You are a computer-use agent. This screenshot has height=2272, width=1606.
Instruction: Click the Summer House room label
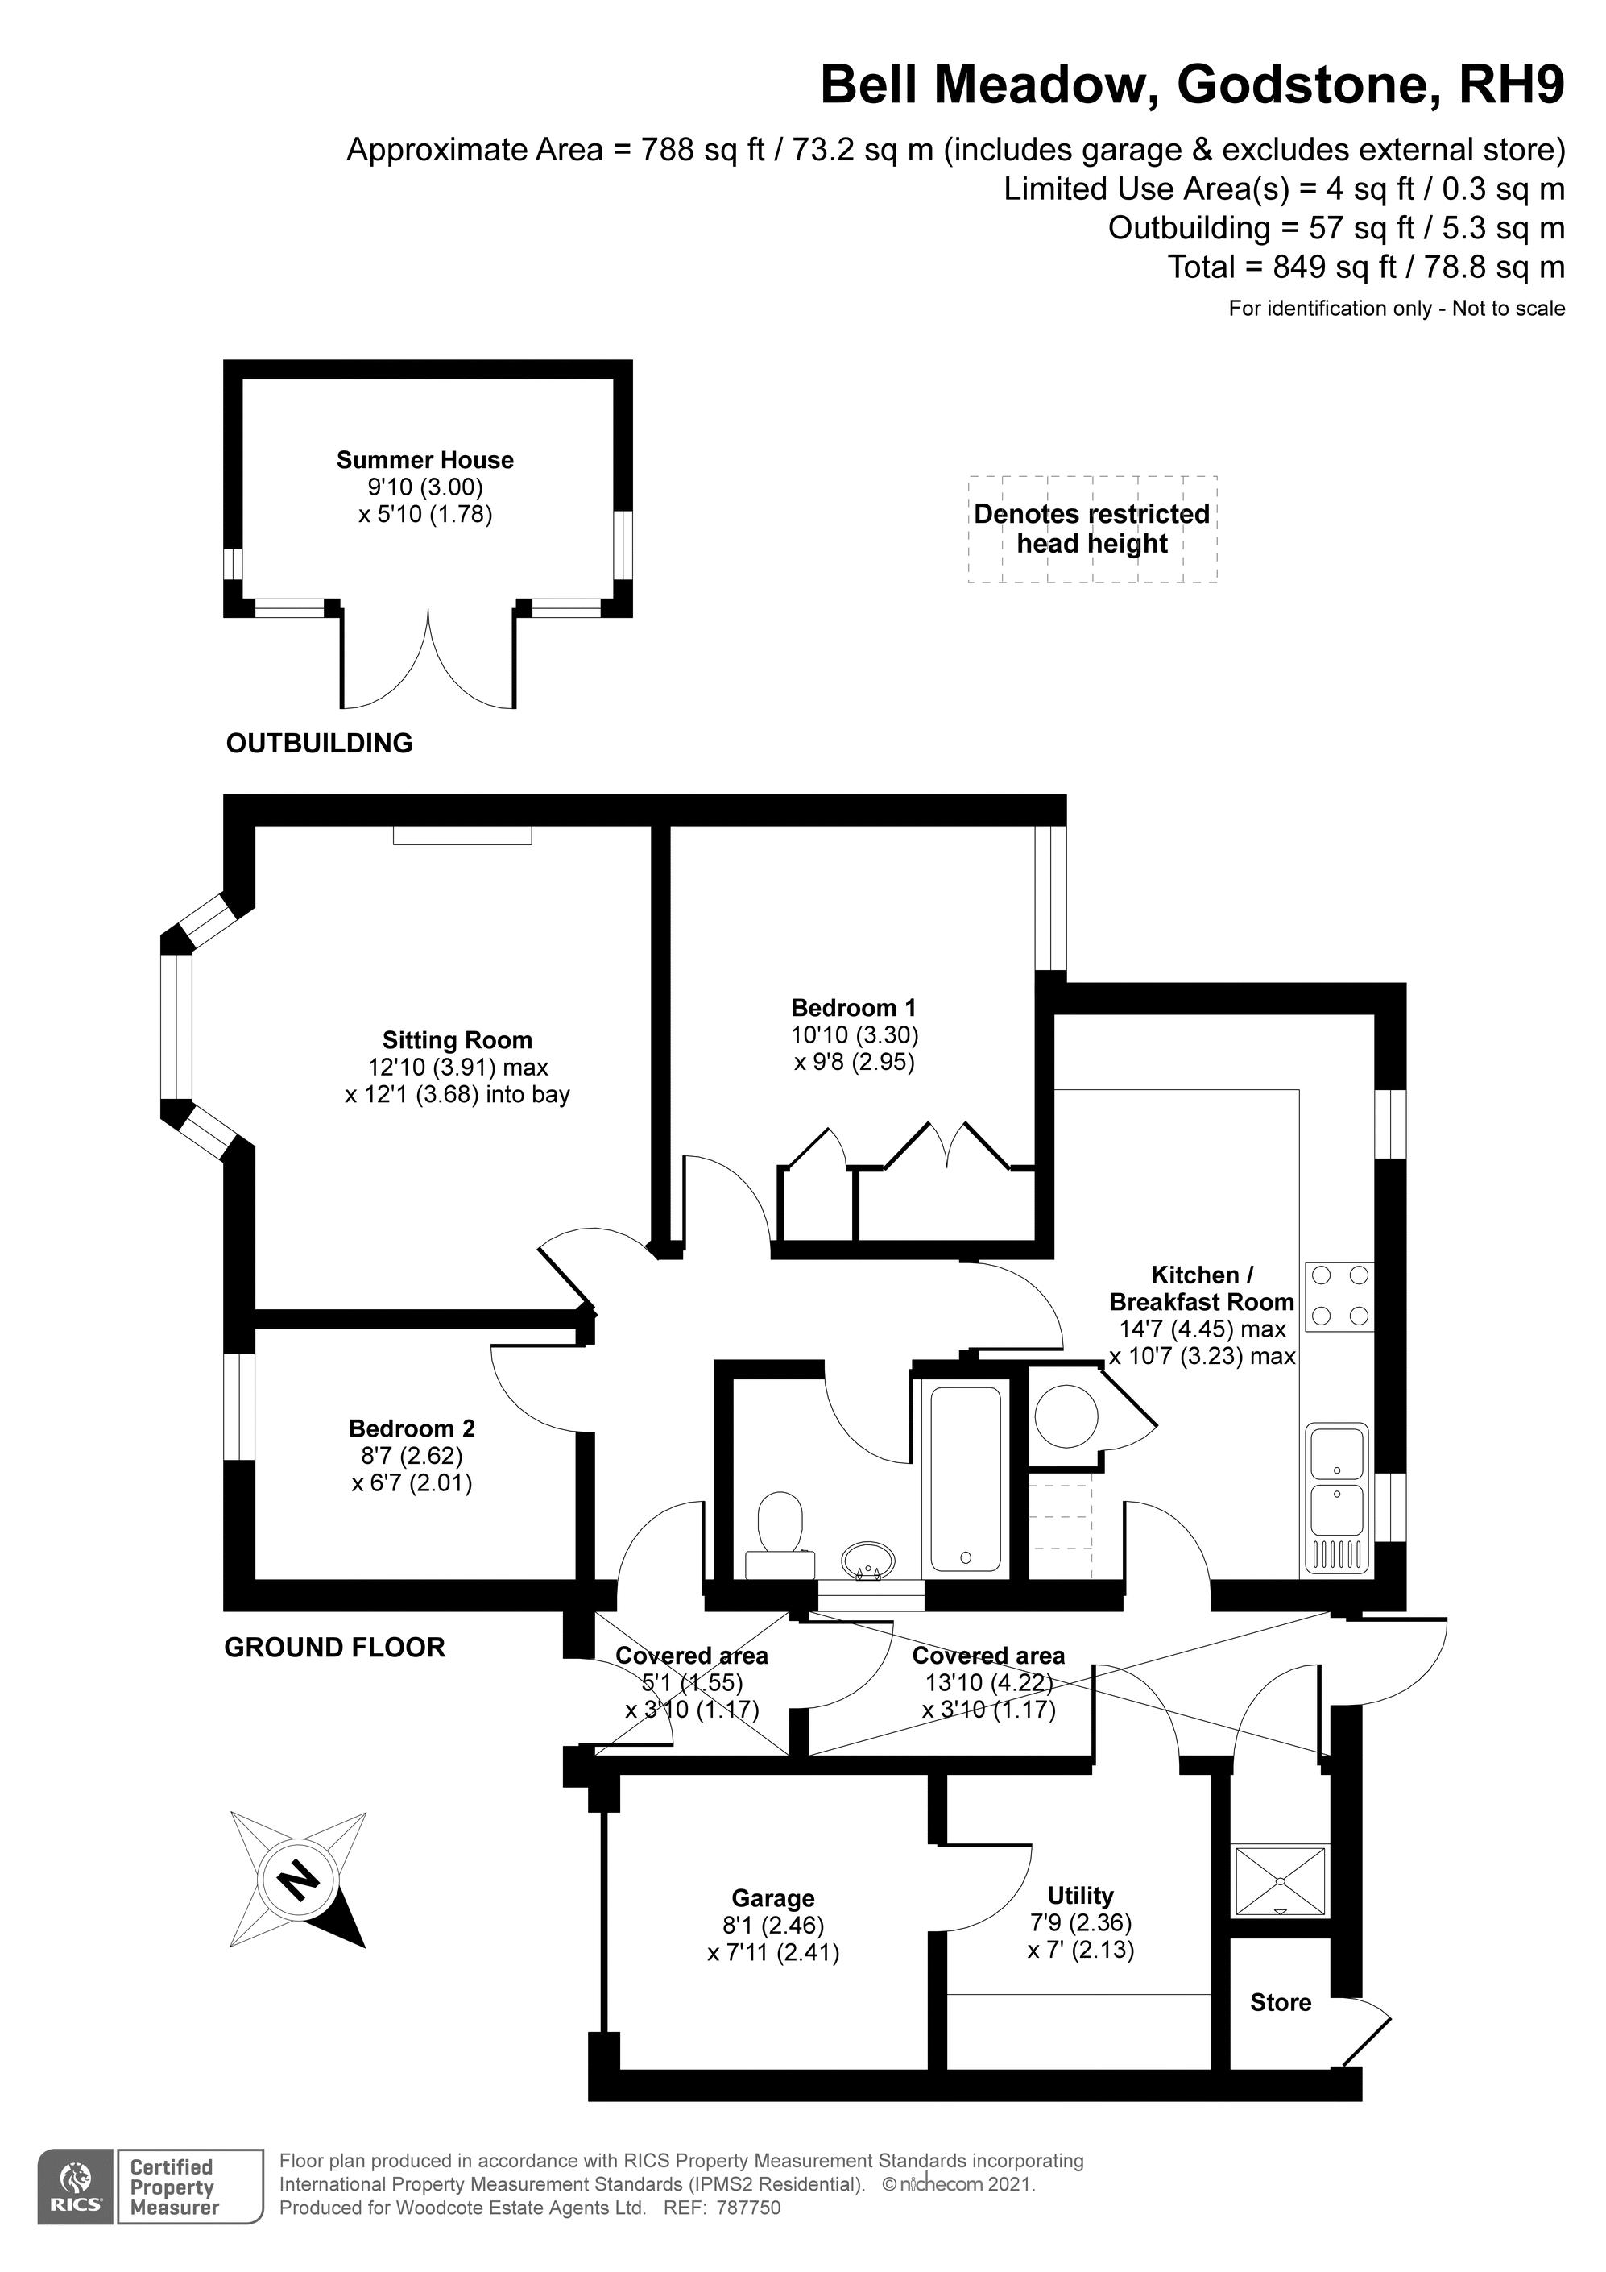[x=425, y=460]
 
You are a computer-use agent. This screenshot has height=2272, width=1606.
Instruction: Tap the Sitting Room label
[x=457, y=1040]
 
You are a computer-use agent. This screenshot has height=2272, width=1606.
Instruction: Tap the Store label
[x=1281, y=2002]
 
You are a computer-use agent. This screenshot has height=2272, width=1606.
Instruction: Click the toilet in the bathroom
[x=780, y=1536]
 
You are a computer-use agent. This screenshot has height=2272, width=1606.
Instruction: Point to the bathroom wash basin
[x=867, y=1561]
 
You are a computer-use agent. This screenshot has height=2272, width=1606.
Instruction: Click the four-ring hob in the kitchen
[x=1340, y=1296]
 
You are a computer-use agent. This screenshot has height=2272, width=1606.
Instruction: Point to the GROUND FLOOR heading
[x=334, y=1647]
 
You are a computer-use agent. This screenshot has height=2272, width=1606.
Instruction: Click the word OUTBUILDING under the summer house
[x=320, y=743]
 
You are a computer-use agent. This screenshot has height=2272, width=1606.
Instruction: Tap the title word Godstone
[x=1302, y=86]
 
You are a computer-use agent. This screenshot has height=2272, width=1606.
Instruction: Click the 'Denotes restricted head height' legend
[x=1092, y=529]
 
